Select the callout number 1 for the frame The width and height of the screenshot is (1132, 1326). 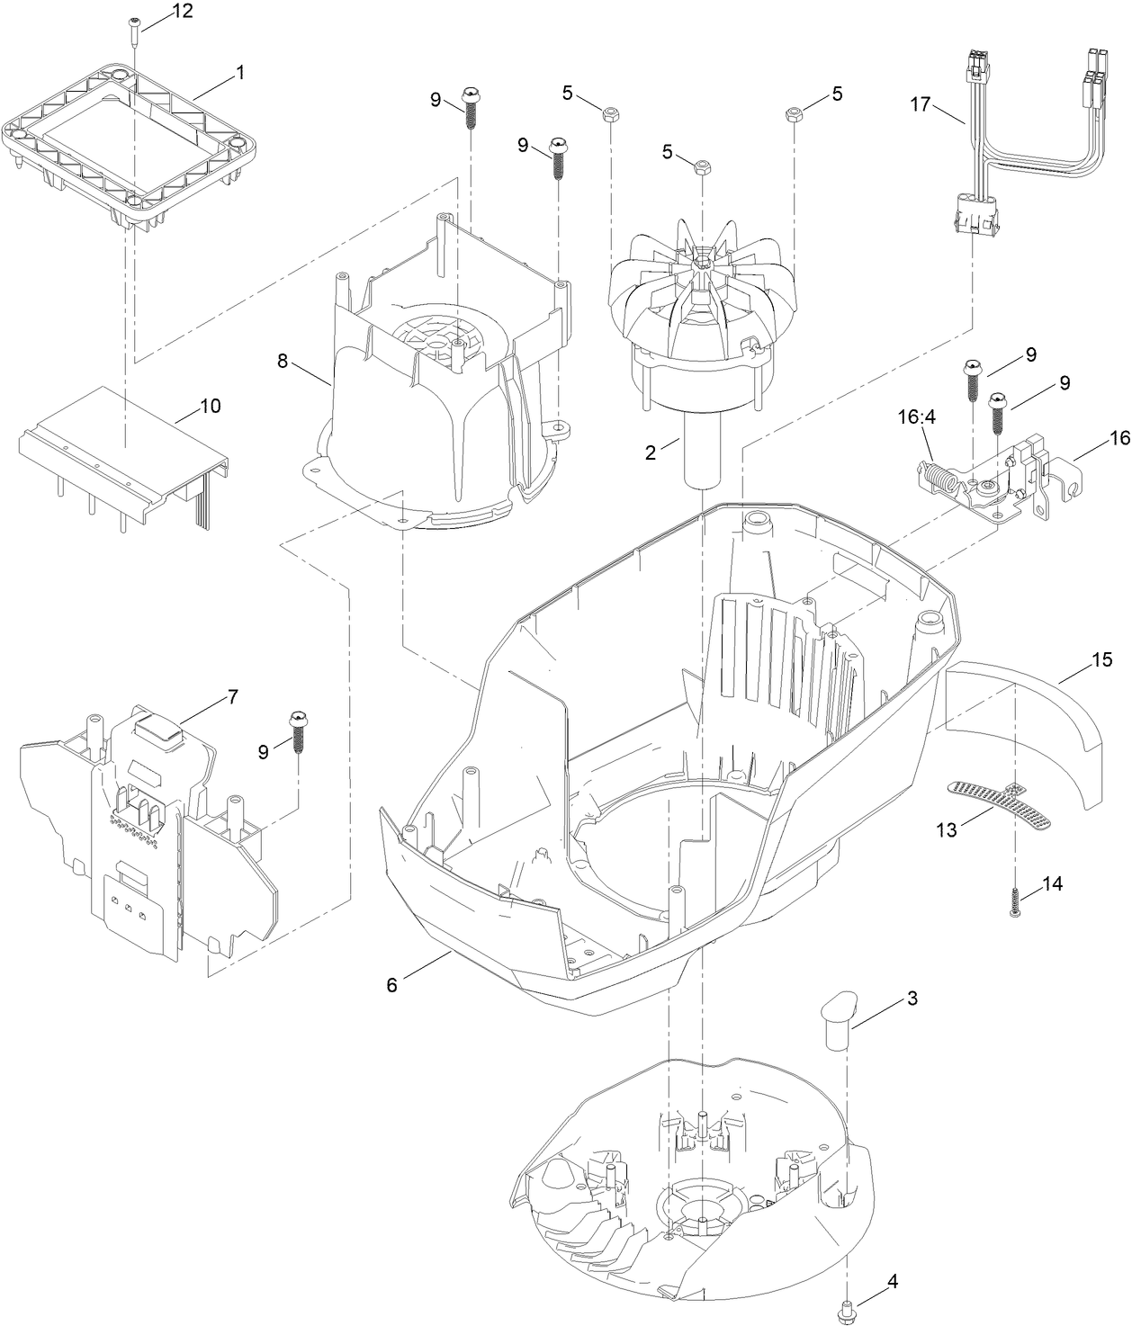coord(240,75)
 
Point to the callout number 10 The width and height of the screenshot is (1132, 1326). coord(209,407)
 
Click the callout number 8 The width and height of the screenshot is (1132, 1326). coord(283,362)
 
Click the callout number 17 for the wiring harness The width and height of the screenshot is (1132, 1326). coord(920,104)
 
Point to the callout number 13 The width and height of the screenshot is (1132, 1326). coord(946,829)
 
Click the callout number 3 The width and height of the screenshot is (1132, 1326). coord(912,998)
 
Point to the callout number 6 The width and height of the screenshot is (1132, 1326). coord(391,985)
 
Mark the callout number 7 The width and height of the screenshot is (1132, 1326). coord(232,696)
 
